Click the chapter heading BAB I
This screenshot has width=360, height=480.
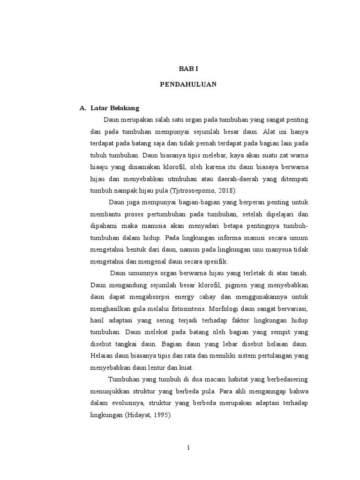(x=188, y=68)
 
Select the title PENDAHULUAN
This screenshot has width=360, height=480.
(x=188, y=85)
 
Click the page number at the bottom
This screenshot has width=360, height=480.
(x=188, y=447)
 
